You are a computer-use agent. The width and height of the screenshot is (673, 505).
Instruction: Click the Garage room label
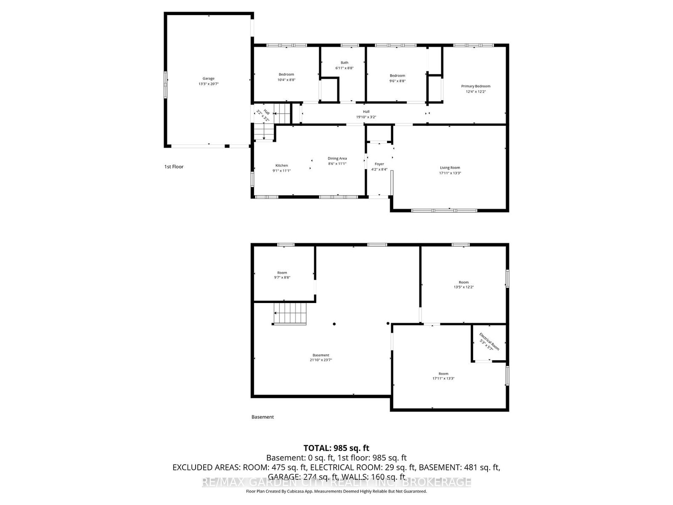(x=209, y=78)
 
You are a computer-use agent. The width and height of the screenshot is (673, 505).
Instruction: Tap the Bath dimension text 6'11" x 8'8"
(x=344, y=68)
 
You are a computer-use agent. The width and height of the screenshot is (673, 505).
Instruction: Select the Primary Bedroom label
(x=475, y=86)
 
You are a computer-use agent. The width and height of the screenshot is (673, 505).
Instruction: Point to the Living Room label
(x=450, y=167)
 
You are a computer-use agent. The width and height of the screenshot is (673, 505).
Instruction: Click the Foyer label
(x=379, y=164)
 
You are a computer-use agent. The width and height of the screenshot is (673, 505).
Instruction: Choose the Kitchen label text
(x=281, y=165)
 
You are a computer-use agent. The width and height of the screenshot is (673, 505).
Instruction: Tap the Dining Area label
(x=337, y=158)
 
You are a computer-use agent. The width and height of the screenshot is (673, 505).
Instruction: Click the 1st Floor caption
(x=174, y=167)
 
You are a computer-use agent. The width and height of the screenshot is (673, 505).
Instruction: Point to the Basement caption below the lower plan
(x=262, y=417)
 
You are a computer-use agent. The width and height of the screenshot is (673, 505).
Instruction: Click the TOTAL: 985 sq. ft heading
(x=336, y=448)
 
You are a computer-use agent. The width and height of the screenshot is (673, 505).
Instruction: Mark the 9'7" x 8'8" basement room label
(x=282, y=275)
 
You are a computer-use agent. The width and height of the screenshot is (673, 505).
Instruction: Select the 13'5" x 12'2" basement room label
(x=463, y=285)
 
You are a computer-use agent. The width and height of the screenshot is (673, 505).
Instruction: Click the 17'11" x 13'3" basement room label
(x=443, y=376)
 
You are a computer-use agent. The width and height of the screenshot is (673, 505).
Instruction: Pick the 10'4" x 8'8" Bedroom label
(x=286, y=77)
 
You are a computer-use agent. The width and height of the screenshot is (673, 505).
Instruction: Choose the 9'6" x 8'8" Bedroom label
(x=397, y=78)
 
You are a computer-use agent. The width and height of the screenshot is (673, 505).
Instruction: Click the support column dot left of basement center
(x=334, y=324)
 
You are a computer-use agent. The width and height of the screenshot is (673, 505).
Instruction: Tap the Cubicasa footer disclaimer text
(x=336, y=491)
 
